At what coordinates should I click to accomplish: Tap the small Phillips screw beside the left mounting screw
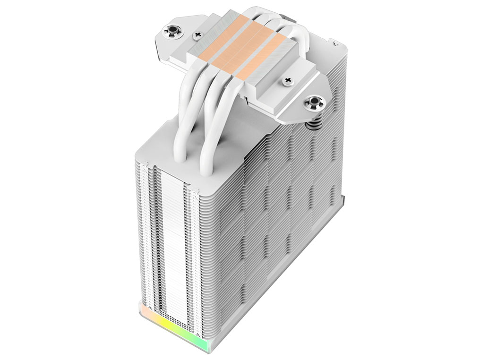coord(197,34)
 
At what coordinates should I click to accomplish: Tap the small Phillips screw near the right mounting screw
coord(287,81)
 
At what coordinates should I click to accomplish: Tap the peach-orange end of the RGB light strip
coord(140,309)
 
